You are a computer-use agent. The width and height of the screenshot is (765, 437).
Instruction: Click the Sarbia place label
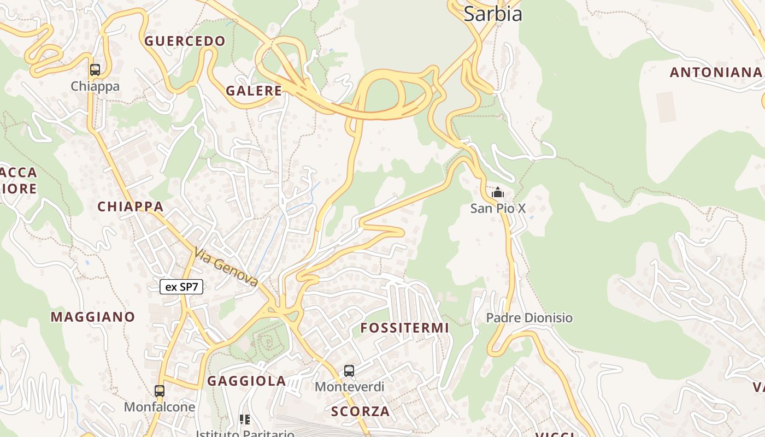[493, 14]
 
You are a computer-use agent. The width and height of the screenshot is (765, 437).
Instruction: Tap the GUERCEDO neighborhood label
[185, 41]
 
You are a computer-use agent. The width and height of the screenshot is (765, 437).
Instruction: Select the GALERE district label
[254, 91]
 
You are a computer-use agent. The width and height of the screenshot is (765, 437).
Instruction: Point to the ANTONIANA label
[716, 72]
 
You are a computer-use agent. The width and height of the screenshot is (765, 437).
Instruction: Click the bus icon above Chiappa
[95, 70]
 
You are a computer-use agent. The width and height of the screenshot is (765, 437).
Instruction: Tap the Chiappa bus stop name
[95, 86]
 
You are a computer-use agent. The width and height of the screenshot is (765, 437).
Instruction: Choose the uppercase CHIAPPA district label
[131, 206]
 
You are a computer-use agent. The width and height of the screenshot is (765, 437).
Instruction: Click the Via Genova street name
[226, 267]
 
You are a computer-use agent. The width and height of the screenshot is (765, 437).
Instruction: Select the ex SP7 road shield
[181, 287]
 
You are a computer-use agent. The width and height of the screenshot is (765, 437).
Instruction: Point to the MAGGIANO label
[93, 317]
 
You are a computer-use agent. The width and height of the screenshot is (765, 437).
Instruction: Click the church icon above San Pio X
[498, 193]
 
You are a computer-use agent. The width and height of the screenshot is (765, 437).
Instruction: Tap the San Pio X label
[498, 208]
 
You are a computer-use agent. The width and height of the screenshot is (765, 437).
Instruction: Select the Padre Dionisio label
[529, 318]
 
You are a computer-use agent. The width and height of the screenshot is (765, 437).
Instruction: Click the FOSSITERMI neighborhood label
[405, 328]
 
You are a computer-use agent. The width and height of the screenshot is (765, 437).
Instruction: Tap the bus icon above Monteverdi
[349, 371]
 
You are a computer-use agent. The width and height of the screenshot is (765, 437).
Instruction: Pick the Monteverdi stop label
[350, 387]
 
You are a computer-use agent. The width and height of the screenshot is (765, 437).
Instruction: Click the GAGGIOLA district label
[246, 381]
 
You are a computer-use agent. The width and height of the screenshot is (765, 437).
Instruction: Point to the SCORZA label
[361, 411]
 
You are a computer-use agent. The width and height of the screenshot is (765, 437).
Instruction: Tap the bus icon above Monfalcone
[160, 391]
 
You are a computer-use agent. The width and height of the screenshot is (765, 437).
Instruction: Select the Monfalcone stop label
[160, 407]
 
